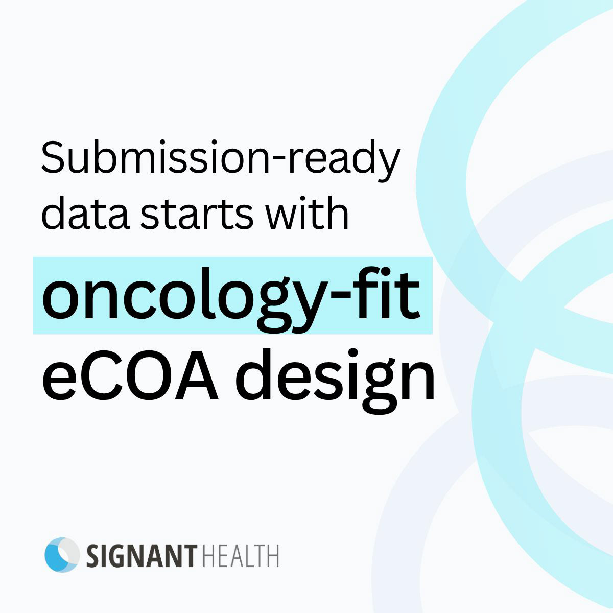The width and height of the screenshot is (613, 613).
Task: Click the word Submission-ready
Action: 221,160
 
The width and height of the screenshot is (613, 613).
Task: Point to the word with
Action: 308,213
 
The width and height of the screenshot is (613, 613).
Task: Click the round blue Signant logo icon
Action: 62,555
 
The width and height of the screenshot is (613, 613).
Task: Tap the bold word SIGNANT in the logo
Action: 142,556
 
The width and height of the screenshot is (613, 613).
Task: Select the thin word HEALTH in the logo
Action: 240,556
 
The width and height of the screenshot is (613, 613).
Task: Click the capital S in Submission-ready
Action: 54,157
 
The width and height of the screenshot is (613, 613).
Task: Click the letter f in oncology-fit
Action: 370,292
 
